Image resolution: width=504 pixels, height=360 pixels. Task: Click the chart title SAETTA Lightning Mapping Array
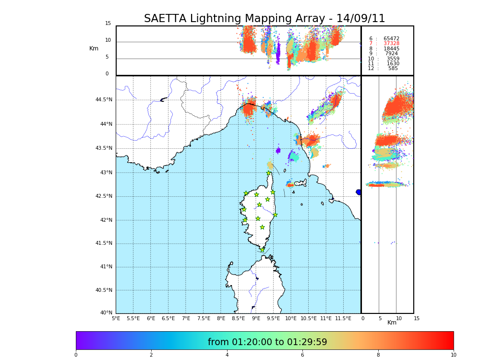pos(264,19)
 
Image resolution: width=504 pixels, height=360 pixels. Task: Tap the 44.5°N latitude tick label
pos(104,100)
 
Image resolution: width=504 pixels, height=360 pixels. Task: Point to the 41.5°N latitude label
pos(104,243)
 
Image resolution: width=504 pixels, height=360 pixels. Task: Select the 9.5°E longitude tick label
pos(274,319)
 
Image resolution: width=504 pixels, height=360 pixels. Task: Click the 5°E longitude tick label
pos(116,319)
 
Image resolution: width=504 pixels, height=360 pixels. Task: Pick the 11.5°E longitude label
pos(343,319)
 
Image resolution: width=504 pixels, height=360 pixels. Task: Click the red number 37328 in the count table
pos(391,44)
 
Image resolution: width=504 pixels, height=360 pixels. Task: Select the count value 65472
pos(391,39)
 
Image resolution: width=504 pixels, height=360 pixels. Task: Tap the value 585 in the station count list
pos(393,69)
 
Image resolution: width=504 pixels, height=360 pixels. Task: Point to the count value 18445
pos(391,49)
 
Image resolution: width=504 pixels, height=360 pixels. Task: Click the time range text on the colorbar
pos(267,342)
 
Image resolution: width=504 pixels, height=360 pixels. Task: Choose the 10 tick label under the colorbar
pos(453,355)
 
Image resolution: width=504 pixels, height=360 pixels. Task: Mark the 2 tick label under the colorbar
pos(151,355)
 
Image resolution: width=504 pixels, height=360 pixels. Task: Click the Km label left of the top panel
pos(94,48)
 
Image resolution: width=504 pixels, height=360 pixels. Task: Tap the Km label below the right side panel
pos(392,323)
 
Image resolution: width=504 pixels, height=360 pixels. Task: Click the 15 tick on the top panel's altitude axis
pos(108,24)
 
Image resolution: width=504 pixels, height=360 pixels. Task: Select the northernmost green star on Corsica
pos(269,173)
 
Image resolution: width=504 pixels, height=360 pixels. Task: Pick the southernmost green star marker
pos(262,250)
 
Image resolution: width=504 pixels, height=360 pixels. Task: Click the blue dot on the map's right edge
pos(359,192)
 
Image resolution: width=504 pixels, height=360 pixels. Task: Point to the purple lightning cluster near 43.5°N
pos(278,151)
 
